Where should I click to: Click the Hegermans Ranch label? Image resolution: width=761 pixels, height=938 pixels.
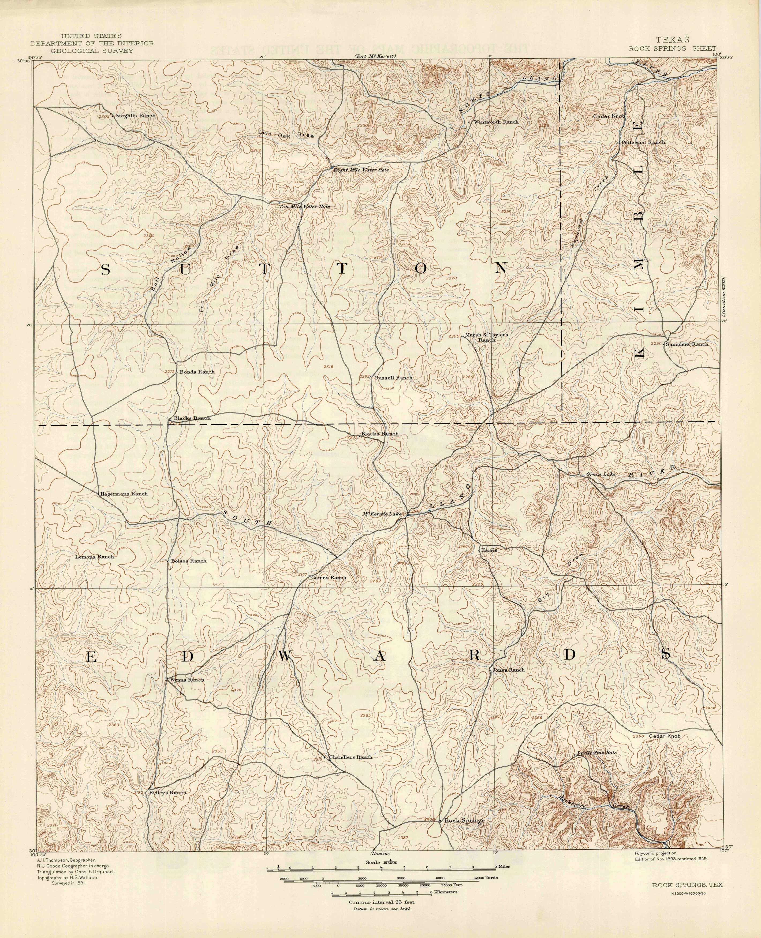tap(124, 494)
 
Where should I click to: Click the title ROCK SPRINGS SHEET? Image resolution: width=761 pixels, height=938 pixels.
tap(673, 49)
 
